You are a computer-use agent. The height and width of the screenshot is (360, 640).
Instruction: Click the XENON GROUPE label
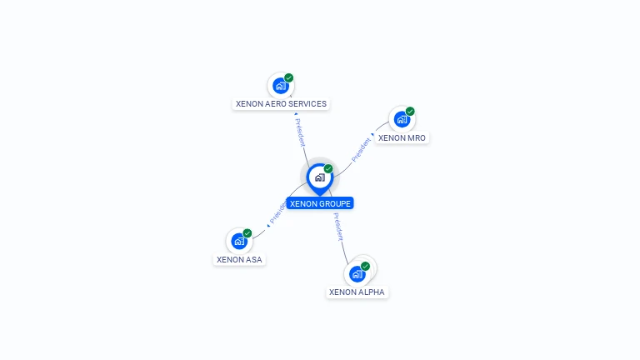click(x=320, y=203)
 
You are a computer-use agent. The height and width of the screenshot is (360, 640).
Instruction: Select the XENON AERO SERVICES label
click(x=280, y=104)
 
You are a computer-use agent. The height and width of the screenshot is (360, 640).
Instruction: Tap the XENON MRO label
click(x=402, y=138)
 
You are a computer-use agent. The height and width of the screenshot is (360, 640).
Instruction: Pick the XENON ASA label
click(x=239, y=259)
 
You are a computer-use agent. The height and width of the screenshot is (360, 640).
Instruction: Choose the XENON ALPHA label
click(x=357, y=292)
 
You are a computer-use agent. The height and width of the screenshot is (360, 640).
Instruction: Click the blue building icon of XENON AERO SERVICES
click(x=280, y=86)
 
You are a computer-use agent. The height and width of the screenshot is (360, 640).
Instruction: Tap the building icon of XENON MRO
click(x=402, y=119)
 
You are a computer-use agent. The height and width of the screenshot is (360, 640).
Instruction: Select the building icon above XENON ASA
click(x=239, y=242)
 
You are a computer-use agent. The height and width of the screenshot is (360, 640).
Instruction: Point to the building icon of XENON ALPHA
click(x=357, y=274)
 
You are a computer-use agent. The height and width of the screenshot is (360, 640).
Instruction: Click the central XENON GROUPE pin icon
click(x=319, y=177)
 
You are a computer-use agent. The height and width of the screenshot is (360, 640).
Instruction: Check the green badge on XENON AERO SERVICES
click(x=289, y=77)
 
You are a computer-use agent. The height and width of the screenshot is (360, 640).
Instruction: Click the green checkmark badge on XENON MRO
click(x=410, y=111)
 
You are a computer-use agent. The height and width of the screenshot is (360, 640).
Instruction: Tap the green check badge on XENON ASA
click(x=247, y=233)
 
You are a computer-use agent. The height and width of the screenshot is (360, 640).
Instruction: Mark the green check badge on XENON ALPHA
click(x=365, y=266)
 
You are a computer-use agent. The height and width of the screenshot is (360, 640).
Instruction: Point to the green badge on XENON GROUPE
click(x=328, y=168)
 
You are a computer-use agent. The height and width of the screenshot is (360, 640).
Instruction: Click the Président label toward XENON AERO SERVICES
click(x=300, y=132)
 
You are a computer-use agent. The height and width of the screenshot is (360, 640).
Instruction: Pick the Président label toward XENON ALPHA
click(x=337, y=227)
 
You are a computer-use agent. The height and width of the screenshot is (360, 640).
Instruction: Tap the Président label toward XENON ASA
click(x=277, y=214)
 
